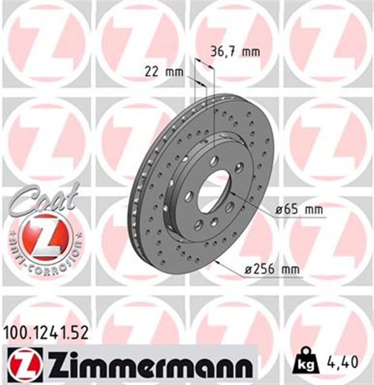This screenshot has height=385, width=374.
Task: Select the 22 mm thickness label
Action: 164,73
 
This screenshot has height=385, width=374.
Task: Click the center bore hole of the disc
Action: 214,191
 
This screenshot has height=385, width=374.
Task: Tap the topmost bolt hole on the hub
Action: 214,159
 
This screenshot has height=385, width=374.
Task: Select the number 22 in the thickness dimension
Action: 153,73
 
